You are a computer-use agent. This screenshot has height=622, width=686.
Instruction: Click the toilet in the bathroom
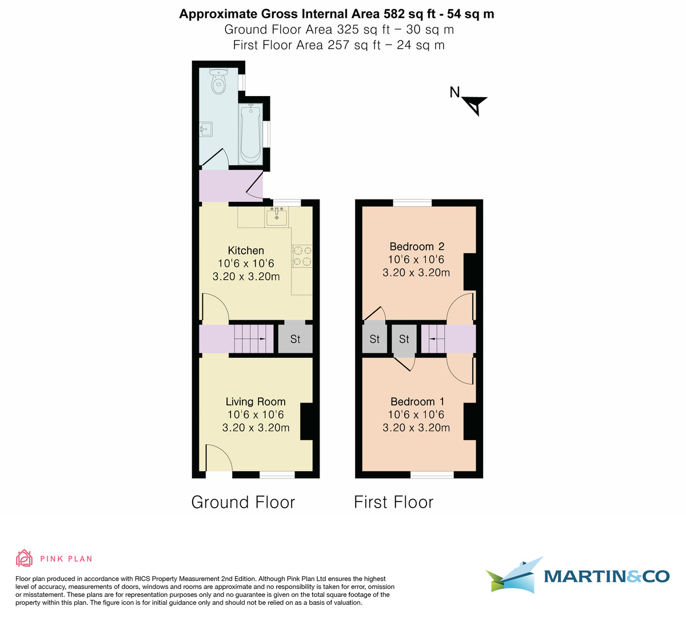pos(219,81)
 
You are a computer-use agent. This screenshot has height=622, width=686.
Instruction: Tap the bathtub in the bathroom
pos(250,133)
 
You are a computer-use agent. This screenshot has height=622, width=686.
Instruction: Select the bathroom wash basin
pos(206,129)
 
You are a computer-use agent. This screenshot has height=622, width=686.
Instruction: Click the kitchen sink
pos(277,216)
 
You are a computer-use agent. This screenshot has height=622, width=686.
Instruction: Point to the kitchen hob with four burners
pos(302,256)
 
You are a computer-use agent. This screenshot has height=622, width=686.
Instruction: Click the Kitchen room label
pos(246,250)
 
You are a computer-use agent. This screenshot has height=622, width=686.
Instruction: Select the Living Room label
pos(256,401)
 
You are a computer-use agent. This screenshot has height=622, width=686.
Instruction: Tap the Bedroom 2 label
pos(417,246)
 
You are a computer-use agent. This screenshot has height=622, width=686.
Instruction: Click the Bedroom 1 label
pos(417,401)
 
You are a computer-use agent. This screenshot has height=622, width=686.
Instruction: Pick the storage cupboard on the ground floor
pos(295,339)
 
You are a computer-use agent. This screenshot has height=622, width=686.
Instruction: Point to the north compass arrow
pos(474,105)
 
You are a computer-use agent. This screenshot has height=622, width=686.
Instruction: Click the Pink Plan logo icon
pos(24,558)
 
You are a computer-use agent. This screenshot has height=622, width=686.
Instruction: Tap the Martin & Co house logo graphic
pos(513,575)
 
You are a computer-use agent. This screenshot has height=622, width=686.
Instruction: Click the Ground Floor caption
pos(243,502)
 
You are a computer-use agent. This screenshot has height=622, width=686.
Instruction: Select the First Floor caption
pos(393,502)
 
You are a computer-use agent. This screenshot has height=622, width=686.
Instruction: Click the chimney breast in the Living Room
pos(307,421)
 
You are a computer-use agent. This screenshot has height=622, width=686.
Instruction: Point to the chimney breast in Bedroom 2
pos(469,272)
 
